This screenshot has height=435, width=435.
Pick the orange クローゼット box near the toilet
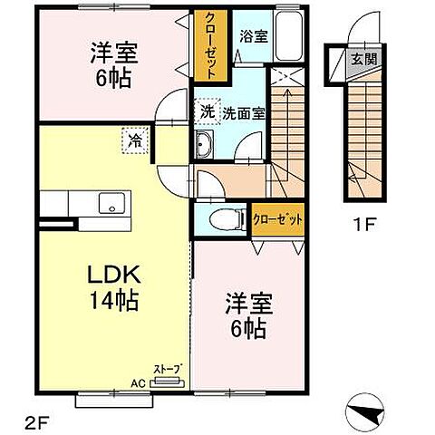click(275, 220)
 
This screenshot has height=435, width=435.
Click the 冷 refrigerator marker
click(134, 141)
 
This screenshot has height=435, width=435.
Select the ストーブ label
click(170, 369)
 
